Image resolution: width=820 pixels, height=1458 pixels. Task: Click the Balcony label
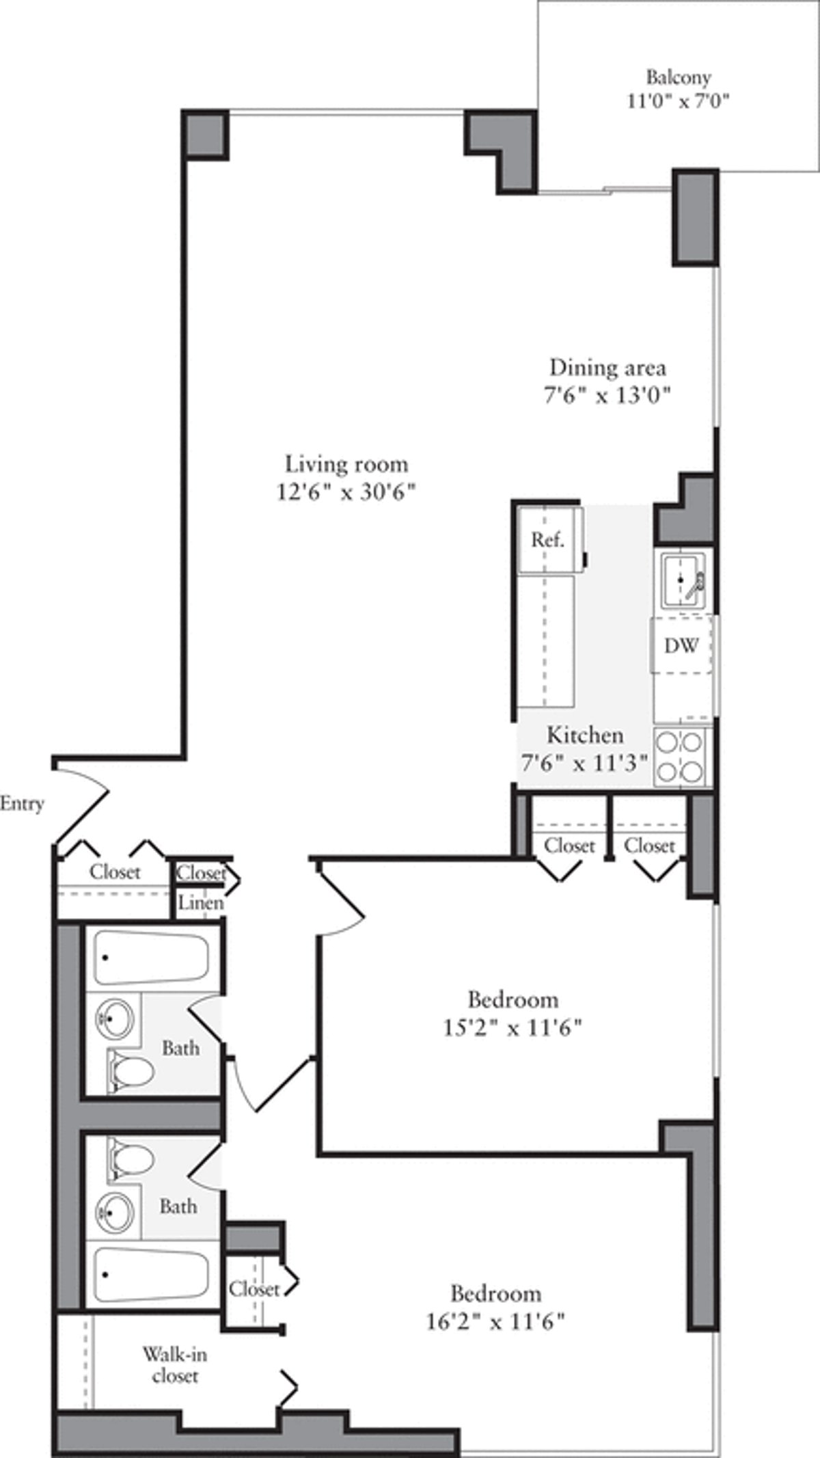(x=678, y=77)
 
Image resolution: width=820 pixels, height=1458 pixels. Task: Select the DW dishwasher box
(x=681, y=645)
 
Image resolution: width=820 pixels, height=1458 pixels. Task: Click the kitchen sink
(x=681, y=580)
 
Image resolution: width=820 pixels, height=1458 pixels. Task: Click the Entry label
(x=22, y=804)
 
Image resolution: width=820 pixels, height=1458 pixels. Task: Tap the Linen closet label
(x=200, y=903)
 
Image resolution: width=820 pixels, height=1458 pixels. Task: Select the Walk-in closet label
(x=174, y=1365)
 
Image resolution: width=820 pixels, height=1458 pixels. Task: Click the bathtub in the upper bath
(x=151, y=959)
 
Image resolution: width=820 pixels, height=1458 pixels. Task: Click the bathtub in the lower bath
(x=151, y=1276)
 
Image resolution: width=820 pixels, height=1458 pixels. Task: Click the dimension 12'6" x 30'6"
(x=346, y=492)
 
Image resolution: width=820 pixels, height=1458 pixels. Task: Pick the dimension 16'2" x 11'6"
(x=495, y=1321)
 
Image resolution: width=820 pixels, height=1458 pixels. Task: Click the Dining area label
(x=607, y=368)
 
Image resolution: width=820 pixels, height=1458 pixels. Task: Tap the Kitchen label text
(x=585, y=735)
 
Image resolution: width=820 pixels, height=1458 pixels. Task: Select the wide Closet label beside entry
(x=115, y=872)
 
